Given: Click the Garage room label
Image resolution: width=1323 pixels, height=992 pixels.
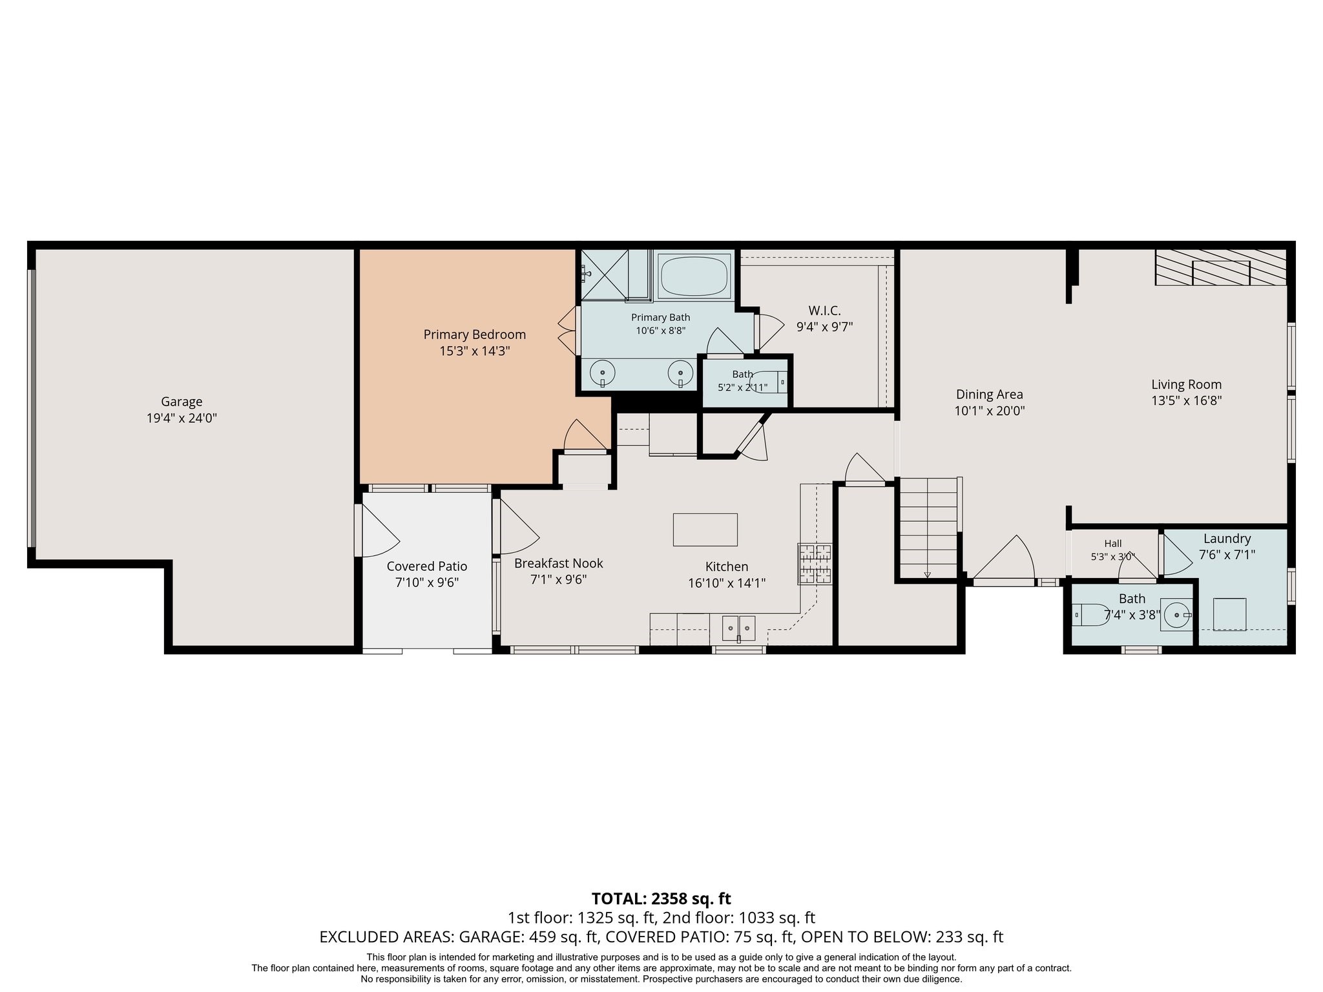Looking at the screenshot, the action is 182,402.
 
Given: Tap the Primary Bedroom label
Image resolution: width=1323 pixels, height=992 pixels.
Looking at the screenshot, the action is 475,335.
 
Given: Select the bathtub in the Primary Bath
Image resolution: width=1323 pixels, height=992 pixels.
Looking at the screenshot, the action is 694,276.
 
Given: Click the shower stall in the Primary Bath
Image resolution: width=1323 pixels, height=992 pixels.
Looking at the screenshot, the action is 605,275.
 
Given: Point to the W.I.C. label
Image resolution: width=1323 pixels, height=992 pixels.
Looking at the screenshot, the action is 825,311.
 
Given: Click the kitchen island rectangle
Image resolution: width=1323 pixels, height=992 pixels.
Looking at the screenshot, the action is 705,530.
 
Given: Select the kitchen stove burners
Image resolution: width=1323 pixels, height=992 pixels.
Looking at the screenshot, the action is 815,564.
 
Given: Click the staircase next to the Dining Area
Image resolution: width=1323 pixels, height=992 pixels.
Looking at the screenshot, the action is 928,528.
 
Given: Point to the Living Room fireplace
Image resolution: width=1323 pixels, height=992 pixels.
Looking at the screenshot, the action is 1221,267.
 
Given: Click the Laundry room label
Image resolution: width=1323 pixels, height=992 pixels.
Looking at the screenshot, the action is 1227,539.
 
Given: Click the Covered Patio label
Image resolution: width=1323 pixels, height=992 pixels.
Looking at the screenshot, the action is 427,566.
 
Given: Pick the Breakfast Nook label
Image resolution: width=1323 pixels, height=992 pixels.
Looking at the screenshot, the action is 559,563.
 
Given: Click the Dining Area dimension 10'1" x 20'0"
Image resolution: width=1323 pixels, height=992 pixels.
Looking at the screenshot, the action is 990,411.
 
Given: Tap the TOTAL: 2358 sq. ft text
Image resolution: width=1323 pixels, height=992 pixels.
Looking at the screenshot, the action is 661,898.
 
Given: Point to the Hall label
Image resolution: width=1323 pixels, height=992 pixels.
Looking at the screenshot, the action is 1113,544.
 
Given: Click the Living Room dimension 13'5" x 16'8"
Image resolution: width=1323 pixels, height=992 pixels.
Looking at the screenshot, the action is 1187,400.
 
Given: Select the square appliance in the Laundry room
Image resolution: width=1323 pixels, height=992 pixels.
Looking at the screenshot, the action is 1229,614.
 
